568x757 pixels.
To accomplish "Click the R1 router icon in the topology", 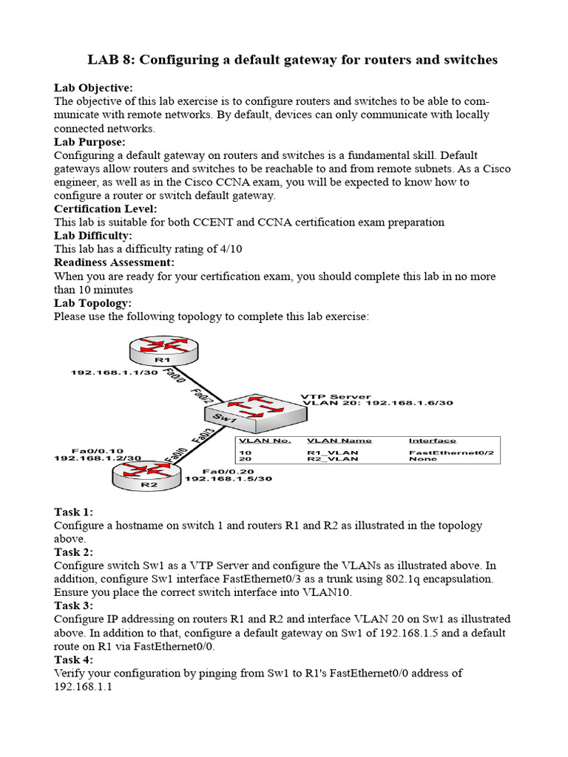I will tap(162, 350).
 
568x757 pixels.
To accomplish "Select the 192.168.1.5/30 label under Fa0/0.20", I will tap(228, 478).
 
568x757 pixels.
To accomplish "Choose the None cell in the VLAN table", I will tap(419, 458).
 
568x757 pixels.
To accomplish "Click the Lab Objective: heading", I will tap(93, 88).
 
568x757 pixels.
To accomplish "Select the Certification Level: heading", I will tap(106, 209).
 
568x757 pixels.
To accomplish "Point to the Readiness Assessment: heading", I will tap(114, 262).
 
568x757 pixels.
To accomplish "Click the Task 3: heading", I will tap(73, 606).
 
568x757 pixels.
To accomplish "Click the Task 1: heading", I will tap(73, 512).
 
